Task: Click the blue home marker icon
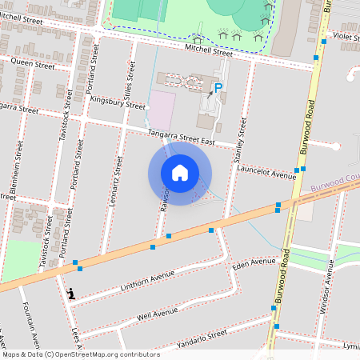(x=180, y=173)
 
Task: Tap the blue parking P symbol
(x=218, y=88)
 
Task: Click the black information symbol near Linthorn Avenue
(x=73, y=294)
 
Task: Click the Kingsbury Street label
(x=118, y=103)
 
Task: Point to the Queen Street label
(x=32, y=61)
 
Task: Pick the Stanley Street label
(x=238, y=141)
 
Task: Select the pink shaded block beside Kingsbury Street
(x=163, y=110)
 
